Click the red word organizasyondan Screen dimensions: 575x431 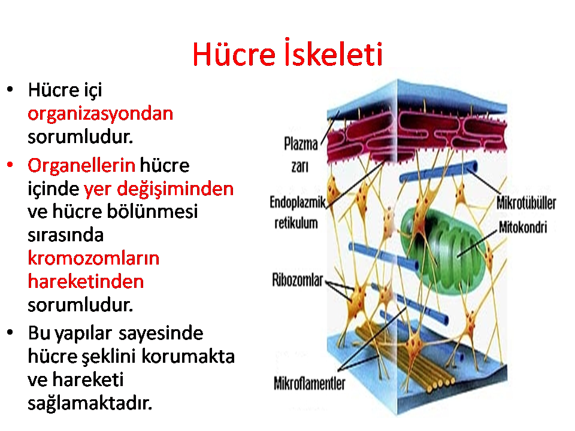coord(100,114)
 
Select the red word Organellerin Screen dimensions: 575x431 coord(81,166)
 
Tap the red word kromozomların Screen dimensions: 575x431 coord(93,258)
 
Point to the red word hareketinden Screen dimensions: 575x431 coord(86,281)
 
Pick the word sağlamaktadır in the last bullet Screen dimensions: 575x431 coord(90,403)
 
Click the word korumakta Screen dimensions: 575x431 coord(188,356)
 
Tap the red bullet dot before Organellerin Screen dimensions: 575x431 coord(10,165)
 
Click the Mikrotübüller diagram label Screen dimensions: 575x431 coord(526,203)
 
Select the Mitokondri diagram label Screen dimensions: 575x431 coord(523,227)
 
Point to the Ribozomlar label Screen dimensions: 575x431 coord(298,280)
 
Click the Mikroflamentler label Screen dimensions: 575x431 coord(310,384)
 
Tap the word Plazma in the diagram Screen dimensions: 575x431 coord(301,144)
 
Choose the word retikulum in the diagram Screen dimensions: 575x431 coord(296,223)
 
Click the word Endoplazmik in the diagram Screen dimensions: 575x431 coord(298,202)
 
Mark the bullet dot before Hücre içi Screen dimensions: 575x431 coord(10,89)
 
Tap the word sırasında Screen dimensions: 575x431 coord(66,235)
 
